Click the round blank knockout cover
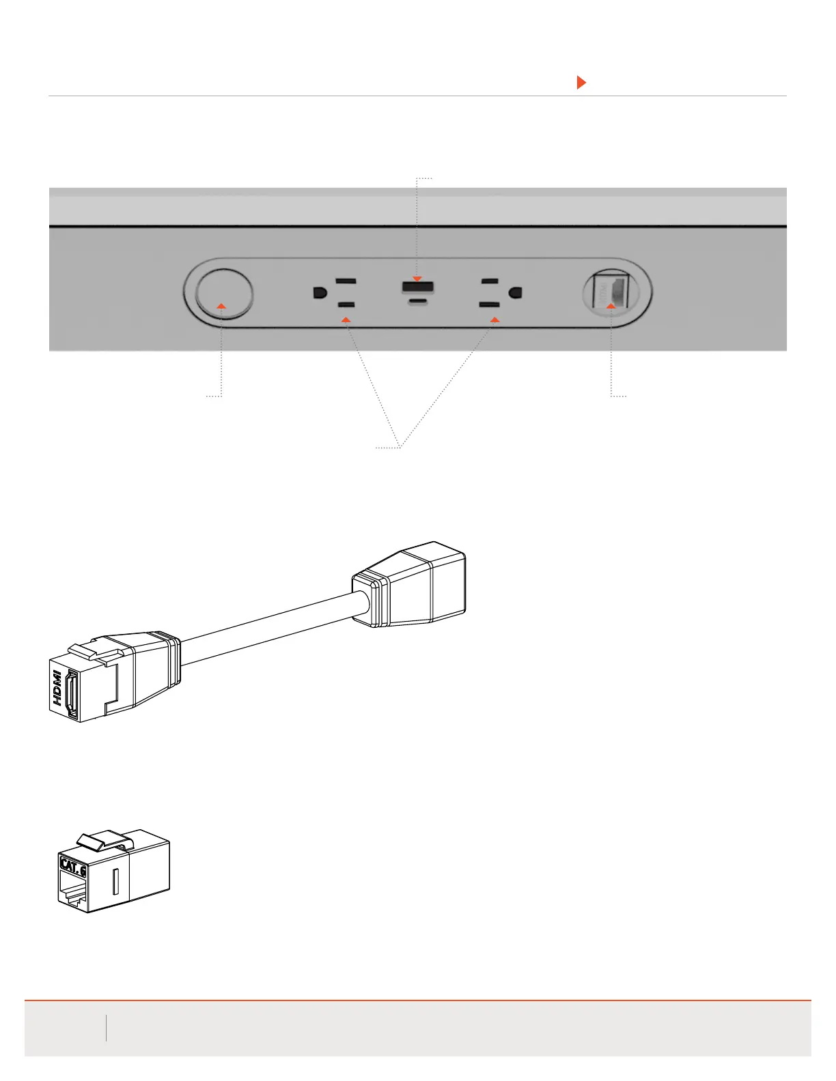click(x=223, y=293)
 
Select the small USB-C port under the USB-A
click(x=417, y=301)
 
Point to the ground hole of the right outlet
click(x=516, y=293)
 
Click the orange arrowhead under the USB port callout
click(x=417, y=278)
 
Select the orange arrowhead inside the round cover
click(x=221, y=306)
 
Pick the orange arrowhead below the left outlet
click(x=346, y=319)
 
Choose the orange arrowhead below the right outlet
click(x=495, y=319)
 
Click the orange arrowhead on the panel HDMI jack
click(x=611, y=306)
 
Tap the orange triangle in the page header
click(x=581, y=83)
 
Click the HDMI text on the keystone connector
click(x=58, y=688)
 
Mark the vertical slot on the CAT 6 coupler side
click(x=114, y=881)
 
